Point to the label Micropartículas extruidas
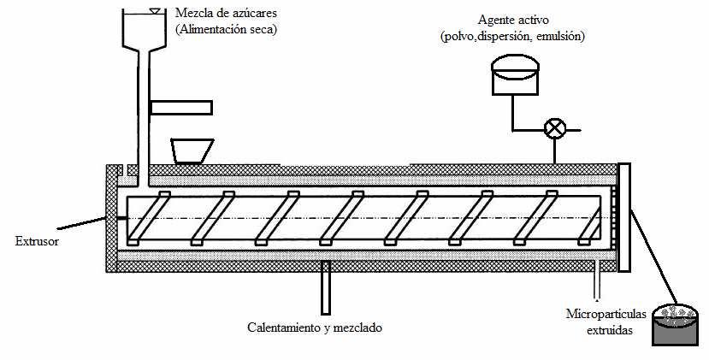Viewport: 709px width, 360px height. [x=599, y=321]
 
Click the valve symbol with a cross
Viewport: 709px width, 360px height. [x=556, y=129]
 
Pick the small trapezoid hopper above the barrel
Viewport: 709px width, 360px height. [x=192, y=150]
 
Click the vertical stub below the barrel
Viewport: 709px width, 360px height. [x=325, y=288]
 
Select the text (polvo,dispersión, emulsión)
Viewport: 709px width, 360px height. [x=526, y=36]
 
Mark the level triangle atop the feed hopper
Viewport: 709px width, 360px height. [x=155, y=11]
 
